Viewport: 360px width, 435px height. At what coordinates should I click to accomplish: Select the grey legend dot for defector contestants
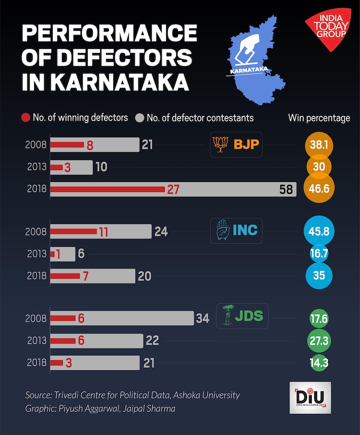click(x=140, y=118)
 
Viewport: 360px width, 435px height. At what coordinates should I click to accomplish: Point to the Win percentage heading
click(x=319, y=118)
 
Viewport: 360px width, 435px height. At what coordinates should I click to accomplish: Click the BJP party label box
click(x=237, y=145)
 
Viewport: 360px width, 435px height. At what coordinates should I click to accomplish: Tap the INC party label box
click(x=237, y=231)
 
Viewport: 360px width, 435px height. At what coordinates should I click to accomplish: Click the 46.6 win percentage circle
click(x=319, y=189)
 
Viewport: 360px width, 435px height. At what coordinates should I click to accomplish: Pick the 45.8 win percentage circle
click(x=319, y=231)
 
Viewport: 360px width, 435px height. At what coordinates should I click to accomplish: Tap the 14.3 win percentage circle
click(x=319, y=362)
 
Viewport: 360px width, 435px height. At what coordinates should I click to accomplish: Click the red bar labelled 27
click(x=108, y=189)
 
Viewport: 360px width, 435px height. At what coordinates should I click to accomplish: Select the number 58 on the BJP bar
click(x=286, y=189)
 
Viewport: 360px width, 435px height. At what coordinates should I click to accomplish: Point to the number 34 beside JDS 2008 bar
click(x=203, y=318)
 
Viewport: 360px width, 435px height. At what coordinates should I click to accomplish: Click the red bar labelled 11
click(x=73, y=231)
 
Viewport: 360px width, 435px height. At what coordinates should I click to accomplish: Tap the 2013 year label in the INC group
click(x=36, y=254)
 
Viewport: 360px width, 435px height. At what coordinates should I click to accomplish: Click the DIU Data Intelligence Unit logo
click(x=310, y=398)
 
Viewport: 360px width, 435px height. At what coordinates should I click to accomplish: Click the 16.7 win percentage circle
click(x=319, y=254)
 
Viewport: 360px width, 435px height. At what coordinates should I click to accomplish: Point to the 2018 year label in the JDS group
click(x=36, y=362)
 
